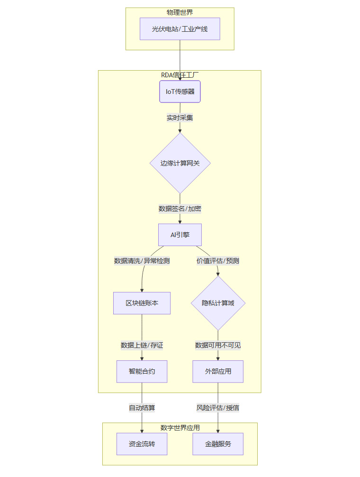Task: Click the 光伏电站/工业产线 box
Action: (x=180, y=29)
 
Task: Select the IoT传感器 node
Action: (x=180, y=92)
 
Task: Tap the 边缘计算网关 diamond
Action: (x=180, y=163)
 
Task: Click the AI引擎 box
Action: (x=180, y=235)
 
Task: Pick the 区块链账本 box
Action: (x=142, y=303)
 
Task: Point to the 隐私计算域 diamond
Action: (x=218, y=303)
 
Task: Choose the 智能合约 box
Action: (x=142, y=371)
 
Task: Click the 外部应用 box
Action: (x=218, y=371)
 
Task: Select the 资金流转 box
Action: (x=142, y=444)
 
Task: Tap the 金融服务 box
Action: (x=218, y=444)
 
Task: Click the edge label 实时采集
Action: (x=180, y=118)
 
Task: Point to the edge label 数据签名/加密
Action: (x=180, y=208)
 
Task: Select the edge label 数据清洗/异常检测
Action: (x=142, y=261)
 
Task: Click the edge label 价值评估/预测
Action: (x=218, y=261)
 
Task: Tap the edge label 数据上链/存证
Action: (x=142, y=345)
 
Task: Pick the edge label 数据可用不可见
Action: (x=218, y=345)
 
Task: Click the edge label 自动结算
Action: (x=142, y=408)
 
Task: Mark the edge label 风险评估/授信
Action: (x=218, y=408)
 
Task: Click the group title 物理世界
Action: (x=180, y=12)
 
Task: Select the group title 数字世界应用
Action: (x=180, y=428)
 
